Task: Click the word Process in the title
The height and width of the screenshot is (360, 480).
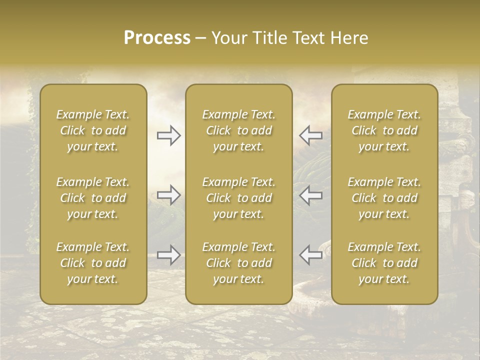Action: pos(157,38)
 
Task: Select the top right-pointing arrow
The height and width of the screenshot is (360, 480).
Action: pos(168,135)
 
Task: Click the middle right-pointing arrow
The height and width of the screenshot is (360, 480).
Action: pos(168,194)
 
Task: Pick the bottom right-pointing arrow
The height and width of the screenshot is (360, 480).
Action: pos(168,254)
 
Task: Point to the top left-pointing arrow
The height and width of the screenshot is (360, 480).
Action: pos(311,135)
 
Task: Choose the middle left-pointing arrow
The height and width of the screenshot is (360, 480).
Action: pos(311,194)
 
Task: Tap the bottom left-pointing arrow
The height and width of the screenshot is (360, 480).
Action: pos(311,254)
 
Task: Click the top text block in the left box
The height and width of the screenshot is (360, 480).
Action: pos(93,130)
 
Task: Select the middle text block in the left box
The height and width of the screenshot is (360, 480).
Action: pos(93,198)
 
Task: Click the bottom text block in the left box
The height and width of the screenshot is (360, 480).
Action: pos(93,263)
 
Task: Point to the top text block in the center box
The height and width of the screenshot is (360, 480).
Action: pos(239,130)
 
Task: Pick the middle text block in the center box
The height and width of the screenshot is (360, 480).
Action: pos(239,198)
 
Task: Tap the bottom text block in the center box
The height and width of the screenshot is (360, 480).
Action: pos(239,263)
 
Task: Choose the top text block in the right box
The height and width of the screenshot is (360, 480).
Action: pos(384,130)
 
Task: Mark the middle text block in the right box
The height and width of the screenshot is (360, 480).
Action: pos(384,198)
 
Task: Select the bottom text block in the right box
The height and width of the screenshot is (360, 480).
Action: pos(384,263)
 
